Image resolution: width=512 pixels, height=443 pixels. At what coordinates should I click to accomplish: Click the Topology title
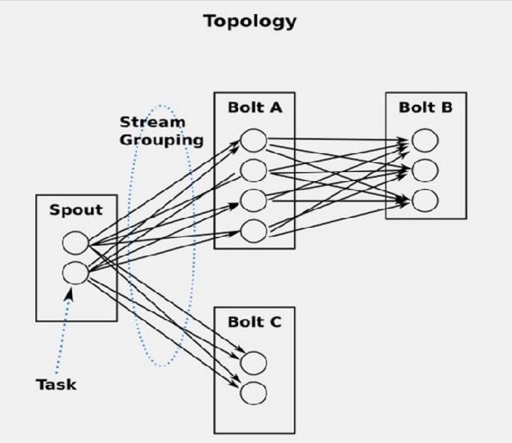click(250, 22)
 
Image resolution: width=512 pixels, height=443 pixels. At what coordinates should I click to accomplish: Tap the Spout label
click(76, 210)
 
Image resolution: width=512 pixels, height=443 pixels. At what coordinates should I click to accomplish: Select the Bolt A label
click(255, 107)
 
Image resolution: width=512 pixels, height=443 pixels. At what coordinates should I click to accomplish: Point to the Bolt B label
click(426, 107)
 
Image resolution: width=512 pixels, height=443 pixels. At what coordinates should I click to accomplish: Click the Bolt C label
click(255, 322)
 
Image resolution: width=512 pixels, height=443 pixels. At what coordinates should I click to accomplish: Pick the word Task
click(56, 384)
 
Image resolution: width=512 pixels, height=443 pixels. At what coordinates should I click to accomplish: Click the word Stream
click(153, 122)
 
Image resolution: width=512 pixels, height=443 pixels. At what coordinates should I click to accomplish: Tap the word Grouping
click(161, 140)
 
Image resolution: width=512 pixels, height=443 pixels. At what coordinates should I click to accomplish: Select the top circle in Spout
click(75, 243)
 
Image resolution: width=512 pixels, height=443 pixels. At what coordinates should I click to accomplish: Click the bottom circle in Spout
click(75, 273)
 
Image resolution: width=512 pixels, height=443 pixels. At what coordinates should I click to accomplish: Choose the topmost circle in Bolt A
click(253, 141)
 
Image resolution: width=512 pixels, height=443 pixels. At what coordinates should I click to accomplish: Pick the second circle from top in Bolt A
click(253, 170)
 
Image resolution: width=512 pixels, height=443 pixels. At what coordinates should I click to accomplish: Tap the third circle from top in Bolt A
click(253, 200)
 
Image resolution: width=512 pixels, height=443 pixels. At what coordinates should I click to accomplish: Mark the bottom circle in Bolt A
click(253, 231)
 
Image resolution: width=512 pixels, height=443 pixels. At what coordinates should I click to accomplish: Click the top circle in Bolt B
click(425, 141)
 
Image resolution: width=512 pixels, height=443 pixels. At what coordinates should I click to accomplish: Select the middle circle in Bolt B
click(425, 170)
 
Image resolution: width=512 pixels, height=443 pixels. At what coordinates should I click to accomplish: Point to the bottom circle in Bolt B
click(425, 200)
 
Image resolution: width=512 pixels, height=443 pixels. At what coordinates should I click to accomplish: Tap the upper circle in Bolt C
click(253, 363)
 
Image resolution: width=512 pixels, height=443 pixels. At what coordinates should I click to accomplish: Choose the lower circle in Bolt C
click(253, 393)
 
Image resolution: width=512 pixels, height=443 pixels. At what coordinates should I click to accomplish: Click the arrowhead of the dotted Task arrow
click(69, 293)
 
